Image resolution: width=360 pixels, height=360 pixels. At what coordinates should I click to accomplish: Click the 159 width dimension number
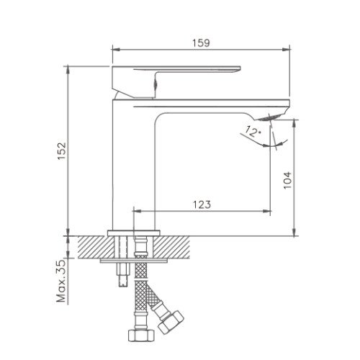(201, 43)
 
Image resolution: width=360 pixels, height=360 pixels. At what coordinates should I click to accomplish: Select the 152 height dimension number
(62, 151)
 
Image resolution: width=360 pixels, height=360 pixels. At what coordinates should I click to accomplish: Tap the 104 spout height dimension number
(287, 180)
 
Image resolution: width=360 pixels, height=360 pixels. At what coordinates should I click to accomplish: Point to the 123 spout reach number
(202, 204)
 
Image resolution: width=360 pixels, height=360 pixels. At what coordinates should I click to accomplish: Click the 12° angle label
(253, 132)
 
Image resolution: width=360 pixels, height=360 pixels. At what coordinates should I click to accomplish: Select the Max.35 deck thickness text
(61, 281)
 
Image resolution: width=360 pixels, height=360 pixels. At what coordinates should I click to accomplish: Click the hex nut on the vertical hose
(141, 336)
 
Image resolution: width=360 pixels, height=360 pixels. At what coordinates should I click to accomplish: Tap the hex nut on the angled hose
(171, 323)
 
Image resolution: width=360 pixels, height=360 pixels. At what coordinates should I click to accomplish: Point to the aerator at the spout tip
(268, 117)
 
